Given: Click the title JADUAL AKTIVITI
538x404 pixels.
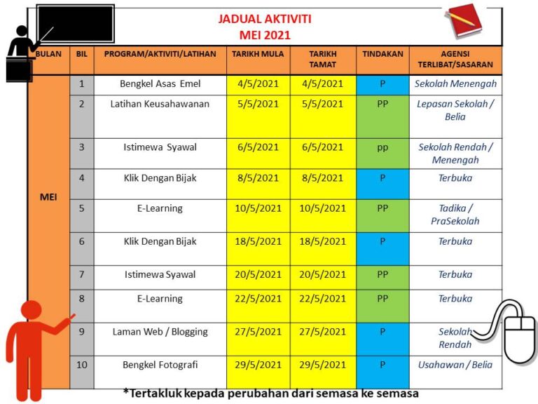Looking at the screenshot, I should pos(264,19).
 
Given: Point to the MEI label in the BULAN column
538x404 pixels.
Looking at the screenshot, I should pos(48,197).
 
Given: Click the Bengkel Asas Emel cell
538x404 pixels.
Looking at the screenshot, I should pos(160,84).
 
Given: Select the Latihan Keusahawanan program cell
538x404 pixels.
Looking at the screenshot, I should pos(160,104).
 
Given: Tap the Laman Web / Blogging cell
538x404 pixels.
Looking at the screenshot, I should pos(160,332).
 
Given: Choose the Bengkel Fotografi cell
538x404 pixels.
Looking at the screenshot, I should pos(160,365).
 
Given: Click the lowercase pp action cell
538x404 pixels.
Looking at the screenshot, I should pos(382,147).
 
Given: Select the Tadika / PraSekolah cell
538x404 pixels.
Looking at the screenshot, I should pos(455,215).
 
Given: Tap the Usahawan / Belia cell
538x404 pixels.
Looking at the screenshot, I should pos(455,365).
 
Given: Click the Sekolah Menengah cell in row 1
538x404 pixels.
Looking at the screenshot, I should pos(455,84).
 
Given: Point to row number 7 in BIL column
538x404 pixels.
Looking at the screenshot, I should pos(81,274).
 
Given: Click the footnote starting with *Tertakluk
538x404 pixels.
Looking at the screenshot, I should pos(270,393).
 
